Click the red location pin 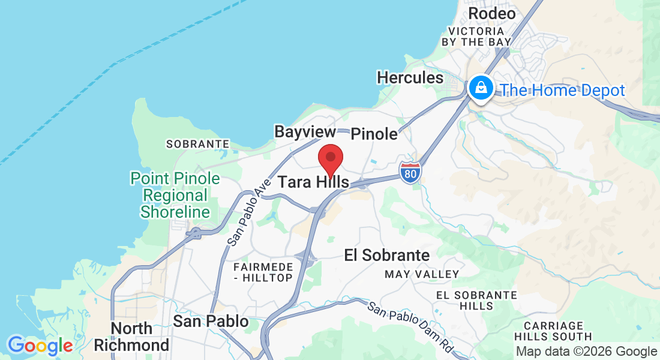(330, 160)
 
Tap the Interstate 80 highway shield (410, 171)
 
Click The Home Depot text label (563, 91)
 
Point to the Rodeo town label (491, 13)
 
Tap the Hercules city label (410, 77)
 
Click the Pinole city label (374, 134)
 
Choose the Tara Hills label (313, 182)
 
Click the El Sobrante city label (387, 256)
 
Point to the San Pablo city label (211, 322)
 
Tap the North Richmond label (131, 337)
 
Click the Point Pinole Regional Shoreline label (175, 196)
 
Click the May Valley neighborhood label (422, 274)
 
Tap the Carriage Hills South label (553, 331)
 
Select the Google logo (40, 346)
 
